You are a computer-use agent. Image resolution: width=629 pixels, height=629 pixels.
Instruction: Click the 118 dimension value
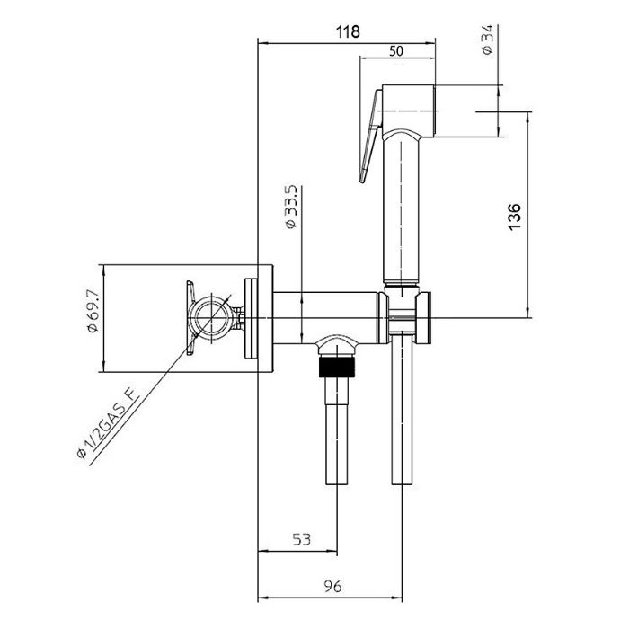click(x=348, y=31)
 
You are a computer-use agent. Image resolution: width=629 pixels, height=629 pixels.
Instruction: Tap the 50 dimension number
click(x=396, y=51)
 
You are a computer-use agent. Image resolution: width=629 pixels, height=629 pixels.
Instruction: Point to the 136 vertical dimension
click(x=515, y=217)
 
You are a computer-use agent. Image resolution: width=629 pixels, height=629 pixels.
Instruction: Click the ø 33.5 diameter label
click(x=291, y=207)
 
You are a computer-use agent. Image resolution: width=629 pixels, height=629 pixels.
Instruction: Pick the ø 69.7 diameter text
click(x=93, y=311)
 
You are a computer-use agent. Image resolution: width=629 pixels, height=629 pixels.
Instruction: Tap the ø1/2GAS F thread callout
click(x=108, y=424)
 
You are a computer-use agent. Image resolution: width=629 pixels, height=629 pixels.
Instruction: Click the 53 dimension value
click(x=302, y=539)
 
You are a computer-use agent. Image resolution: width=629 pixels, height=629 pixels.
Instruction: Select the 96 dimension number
click(x=333, y=587)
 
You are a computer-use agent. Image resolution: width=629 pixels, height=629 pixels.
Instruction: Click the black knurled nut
click(x=337, y=367)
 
